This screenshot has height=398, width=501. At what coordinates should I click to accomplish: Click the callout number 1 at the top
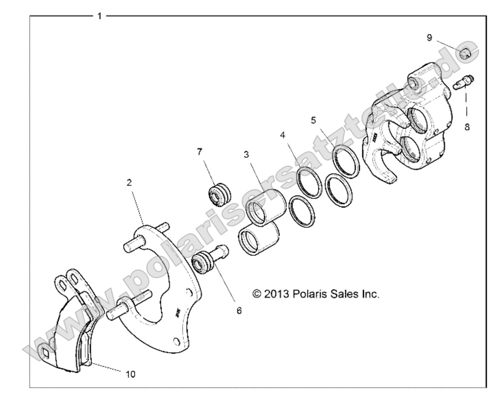coord(99,16)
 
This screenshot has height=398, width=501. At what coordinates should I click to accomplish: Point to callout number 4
coord(283,135)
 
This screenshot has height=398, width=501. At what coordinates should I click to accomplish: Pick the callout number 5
coord(313,120)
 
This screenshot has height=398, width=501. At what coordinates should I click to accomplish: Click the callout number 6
coord(239,310)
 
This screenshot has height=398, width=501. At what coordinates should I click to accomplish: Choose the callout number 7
coord(199,152)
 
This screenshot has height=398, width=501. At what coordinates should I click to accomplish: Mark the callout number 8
coord(467,127)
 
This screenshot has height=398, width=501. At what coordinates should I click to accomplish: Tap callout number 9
coord(429,38)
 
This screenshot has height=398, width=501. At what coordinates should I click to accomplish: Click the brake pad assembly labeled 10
coord(70,330)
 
